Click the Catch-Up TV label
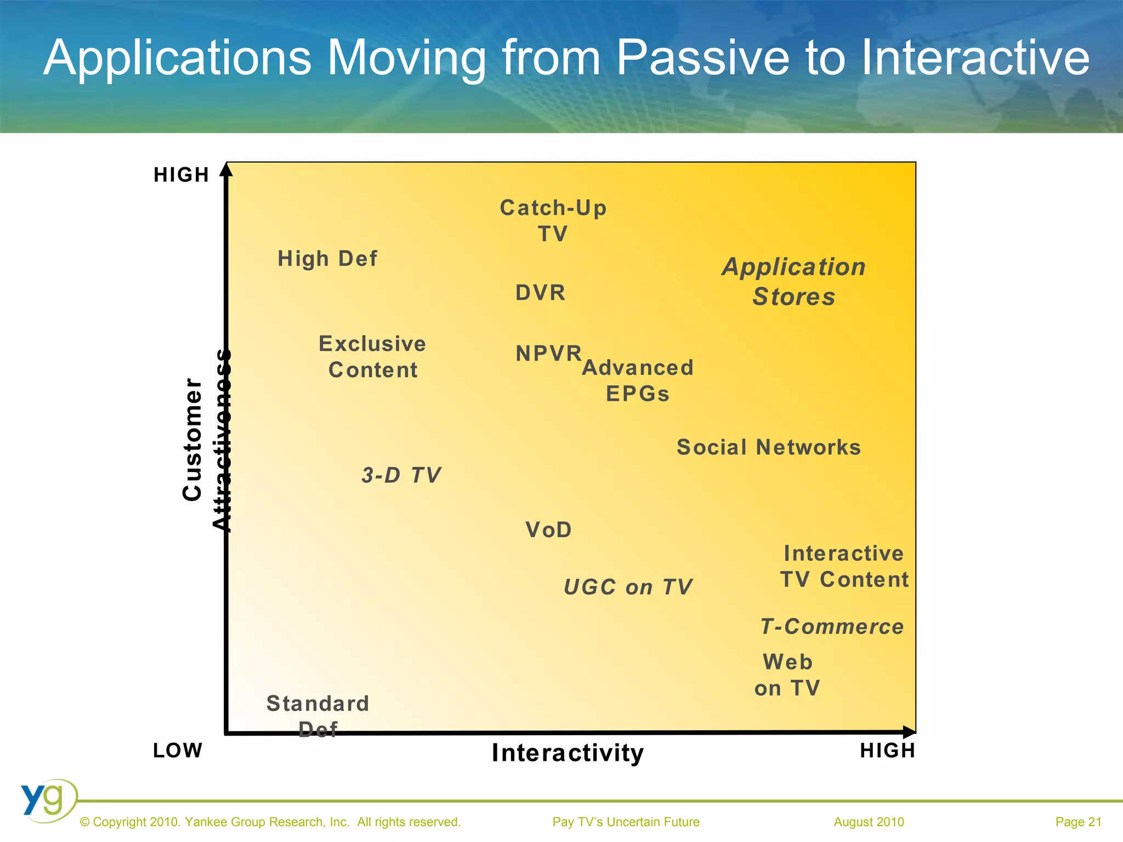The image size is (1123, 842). click(553, 221)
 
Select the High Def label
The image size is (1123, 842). click(327, 259)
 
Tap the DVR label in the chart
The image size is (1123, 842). click(540, 293)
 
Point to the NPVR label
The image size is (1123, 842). click(548, 354)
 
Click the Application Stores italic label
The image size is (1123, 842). click(793, 282)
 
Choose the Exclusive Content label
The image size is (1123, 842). click(373, 357)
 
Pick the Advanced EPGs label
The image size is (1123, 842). click(638, 380)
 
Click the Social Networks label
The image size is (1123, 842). click(769, 447)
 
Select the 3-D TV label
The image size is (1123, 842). click(401, 475)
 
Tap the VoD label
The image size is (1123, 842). click(548, 530)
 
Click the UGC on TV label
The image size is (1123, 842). click(628, 587)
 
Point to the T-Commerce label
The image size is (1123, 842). click(832, 627)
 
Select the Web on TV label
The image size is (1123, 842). click(787, 675)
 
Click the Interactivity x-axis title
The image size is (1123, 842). click(568, 753)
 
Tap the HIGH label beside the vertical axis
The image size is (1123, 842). click(182, 175)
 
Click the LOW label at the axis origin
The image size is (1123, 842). click(178, 750)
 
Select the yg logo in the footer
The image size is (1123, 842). click(48, 800)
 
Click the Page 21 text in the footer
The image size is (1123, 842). click(1078, 822)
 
